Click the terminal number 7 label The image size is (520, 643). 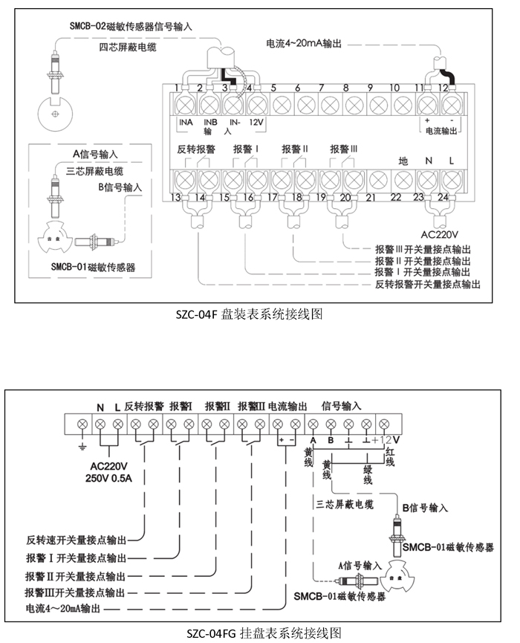322,88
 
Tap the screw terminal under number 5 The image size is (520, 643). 282,105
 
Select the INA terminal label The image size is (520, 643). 186,122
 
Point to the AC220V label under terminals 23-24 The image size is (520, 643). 439,235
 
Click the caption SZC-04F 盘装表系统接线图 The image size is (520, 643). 249,314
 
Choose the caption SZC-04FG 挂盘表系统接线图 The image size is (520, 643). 264,633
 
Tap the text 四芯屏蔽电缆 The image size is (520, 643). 128,47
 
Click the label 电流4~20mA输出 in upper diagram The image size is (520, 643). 304,43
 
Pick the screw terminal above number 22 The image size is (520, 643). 403,180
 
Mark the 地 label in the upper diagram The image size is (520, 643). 403,161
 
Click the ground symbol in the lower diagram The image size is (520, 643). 82,446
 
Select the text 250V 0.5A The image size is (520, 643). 108,478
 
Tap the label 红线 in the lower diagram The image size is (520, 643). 390,457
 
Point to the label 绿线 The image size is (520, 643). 368,475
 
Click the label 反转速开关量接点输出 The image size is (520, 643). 77,540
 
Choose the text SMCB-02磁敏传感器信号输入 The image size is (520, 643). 131,27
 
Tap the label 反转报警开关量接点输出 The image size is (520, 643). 427,284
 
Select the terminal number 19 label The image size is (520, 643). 321,197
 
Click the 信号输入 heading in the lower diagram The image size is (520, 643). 341,406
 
